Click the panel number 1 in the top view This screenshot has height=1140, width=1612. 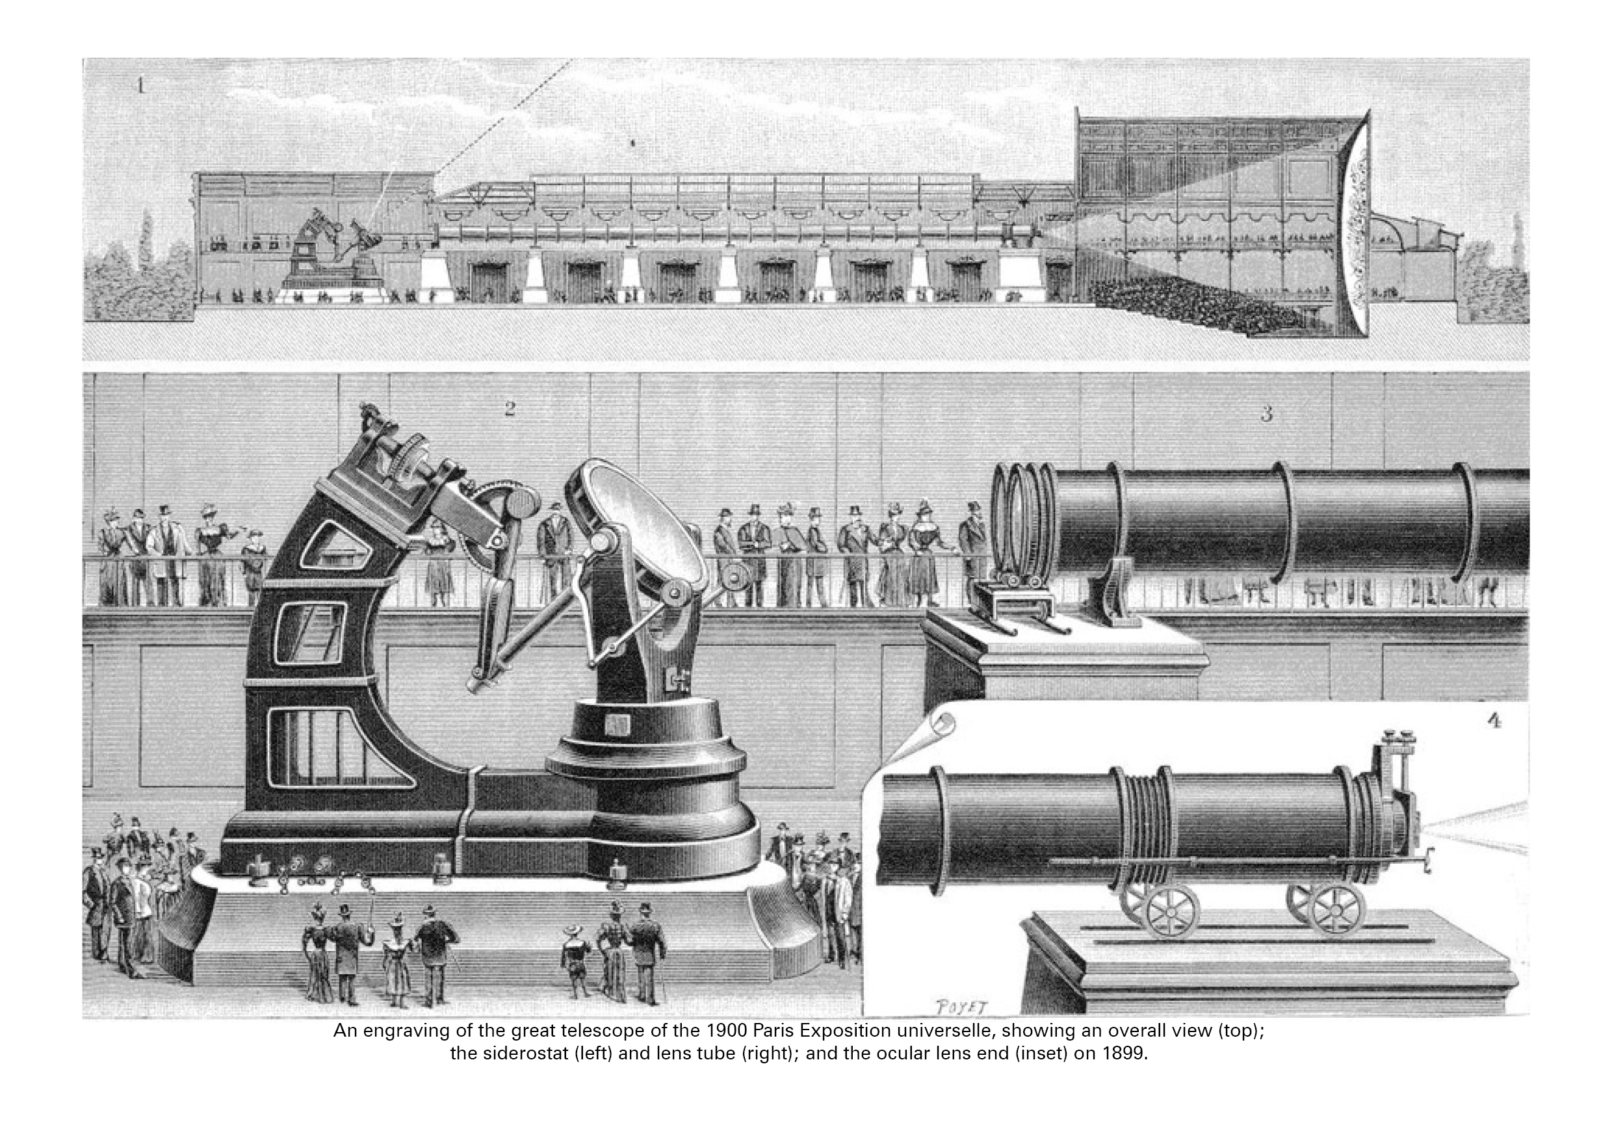click(140, 87)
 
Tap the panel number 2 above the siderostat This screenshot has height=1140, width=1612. click(510, 409)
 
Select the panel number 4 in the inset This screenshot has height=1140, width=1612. click(1494, 721)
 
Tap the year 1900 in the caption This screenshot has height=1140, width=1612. click(716, 1032)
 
